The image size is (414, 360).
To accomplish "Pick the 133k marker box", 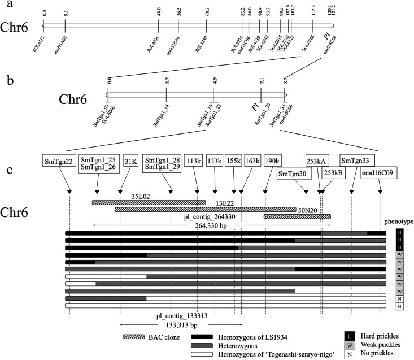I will (x=215, y=161).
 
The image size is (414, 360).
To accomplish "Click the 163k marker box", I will (x=253, y=161).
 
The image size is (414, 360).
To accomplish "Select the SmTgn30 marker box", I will (x=293, y=174).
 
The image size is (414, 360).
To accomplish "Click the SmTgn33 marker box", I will (x=358, y=161).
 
